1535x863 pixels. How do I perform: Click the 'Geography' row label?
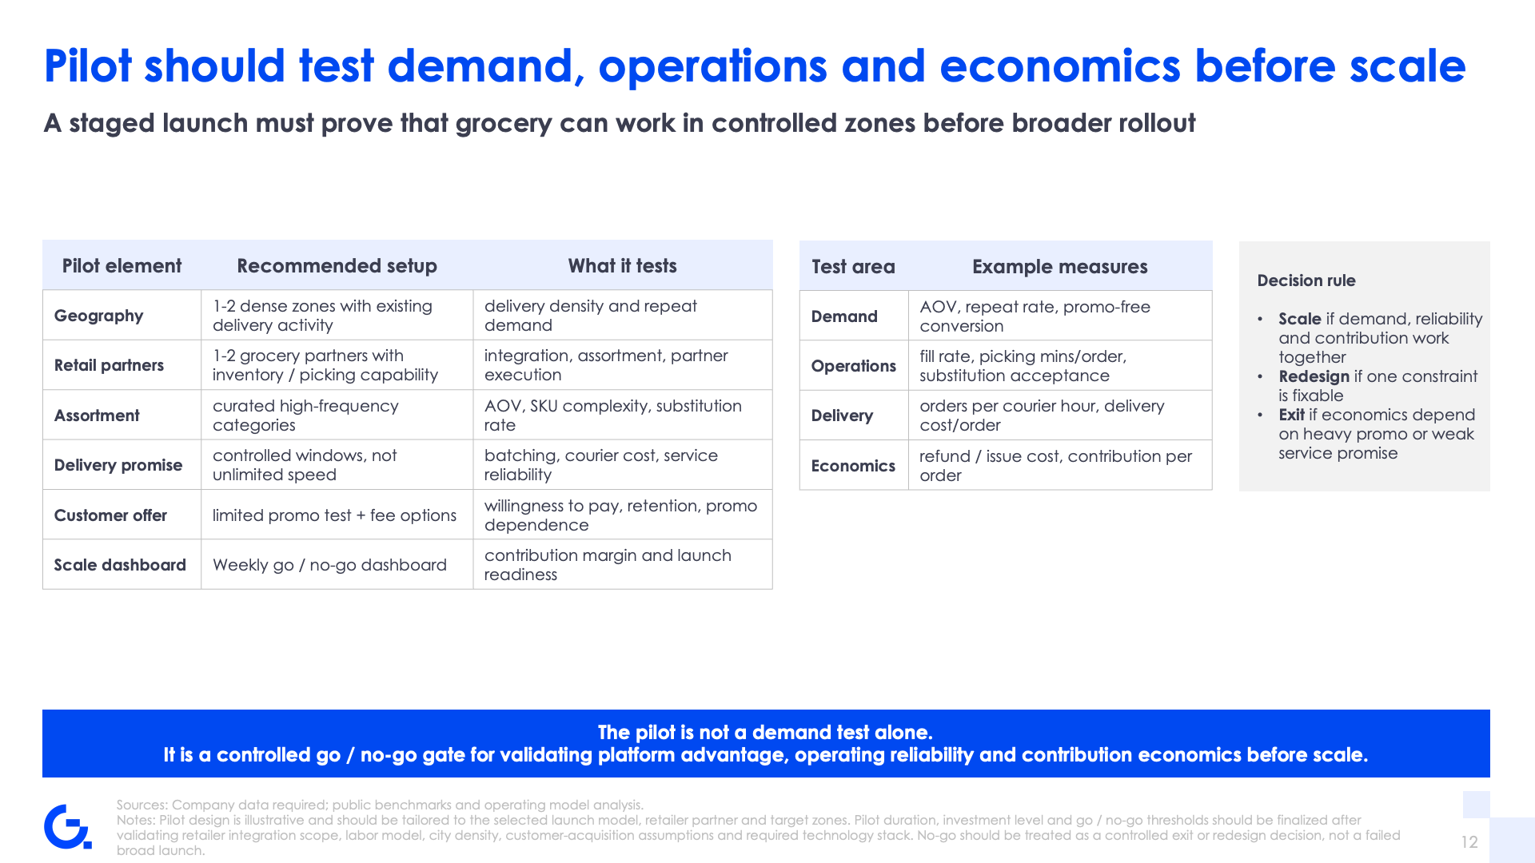[x=98, y=316]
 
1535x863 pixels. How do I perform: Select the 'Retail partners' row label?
[x=109, y=365]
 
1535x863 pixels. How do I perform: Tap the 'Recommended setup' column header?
[x=337, y=266]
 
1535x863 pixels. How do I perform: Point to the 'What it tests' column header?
[x=622, y=266]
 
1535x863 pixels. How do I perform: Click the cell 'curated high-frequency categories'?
[x=305, y=416]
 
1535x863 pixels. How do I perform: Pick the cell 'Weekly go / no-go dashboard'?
[x=329, y=565]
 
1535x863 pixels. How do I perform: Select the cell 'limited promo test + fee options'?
[x=334, y=515]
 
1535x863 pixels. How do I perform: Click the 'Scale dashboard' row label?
[x=120, y=565]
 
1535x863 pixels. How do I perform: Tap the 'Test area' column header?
[x=853, y=267]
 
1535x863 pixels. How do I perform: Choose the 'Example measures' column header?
[x=1059, y=267]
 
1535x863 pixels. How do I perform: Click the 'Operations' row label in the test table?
[x=853, y=366]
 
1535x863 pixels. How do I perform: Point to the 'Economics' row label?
[x=853, y=466]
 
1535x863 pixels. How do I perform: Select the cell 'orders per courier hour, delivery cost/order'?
[x=1042, y=416]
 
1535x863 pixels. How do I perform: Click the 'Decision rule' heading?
[x=1306, y=280]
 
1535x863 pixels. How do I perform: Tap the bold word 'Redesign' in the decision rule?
[x=1314, y=376]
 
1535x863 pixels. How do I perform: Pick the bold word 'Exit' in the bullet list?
[x=1291, y=415]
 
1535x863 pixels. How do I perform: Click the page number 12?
[x=1469, y=842]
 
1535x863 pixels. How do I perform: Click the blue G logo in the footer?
[x=67, y=827]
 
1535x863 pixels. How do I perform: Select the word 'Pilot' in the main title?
[x=88, y=66]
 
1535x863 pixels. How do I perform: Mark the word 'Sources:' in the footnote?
[x=142, y=805]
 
